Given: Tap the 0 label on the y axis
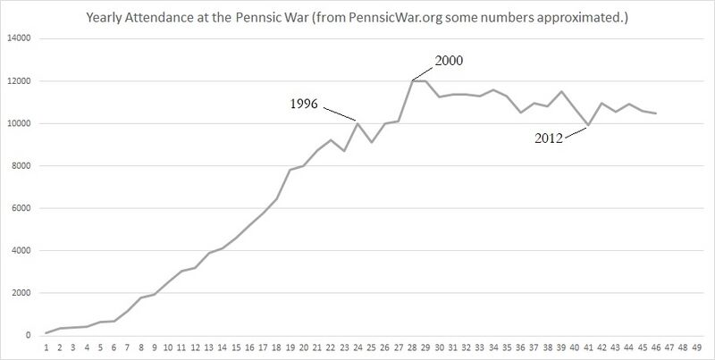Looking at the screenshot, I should pyautogui.click(x=29, y=336).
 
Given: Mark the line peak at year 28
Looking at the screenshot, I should pyautogui.click(x=414, y=80).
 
